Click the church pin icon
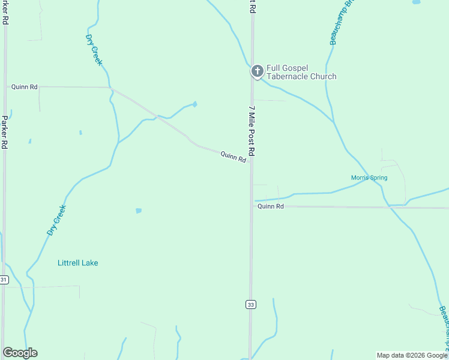coord(257,72)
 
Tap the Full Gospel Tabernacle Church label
coord(301,73)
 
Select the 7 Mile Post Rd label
coord(252,131)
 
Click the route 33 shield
coord(250,304)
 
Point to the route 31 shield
coord(4,280)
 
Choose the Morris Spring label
coord(369,178)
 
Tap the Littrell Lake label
coord(77,263)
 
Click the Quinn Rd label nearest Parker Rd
coord(24,87)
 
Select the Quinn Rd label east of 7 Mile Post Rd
coord(270,206)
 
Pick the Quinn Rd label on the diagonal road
coord(234,157)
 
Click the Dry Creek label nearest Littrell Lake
coord(56,220)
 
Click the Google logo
coord(20,353)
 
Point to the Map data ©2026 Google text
coord(412,355)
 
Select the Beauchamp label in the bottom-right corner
coord(444,327)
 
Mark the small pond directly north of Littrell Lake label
coord(139,211)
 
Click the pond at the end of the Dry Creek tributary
coord(194,104)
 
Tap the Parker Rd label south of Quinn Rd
coord(5,132)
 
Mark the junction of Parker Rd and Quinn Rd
coord(5,86)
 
